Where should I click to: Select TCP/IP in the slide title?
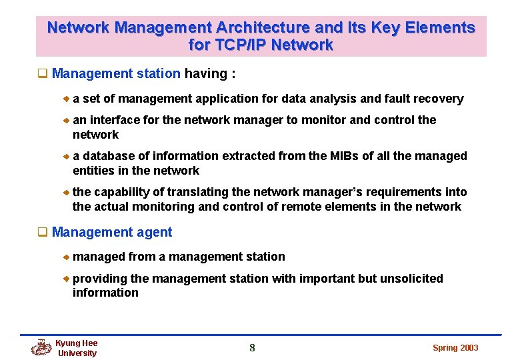point(238,45)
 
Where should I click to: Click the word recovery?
point(439,99)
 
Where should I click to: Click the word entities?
point(93,171)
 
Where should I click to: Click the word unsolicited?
point(411,279)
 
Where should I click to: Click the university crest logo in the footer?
point(41,347)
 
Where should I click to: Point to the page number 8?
point(252,347)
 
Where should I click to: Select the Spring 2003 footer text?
point(455,348)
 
